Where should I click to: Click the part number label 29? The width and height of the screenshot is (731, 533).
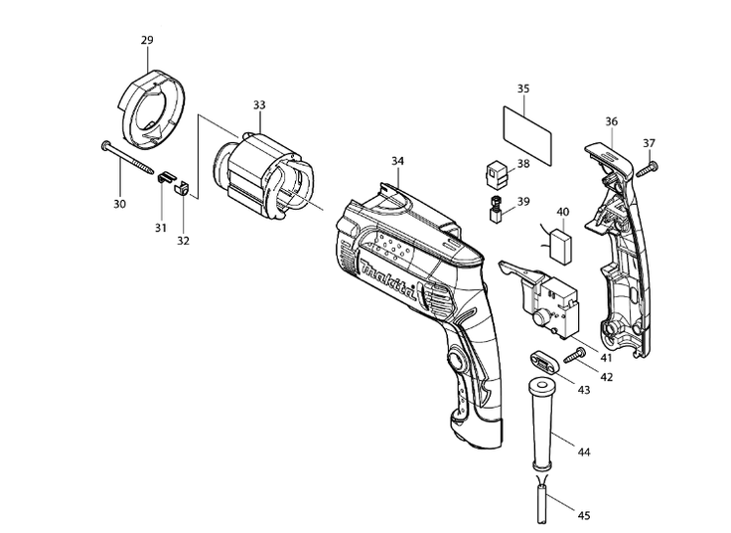(147, 40)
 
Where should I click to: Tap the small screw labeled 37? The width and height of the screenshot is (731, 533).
(648, 170)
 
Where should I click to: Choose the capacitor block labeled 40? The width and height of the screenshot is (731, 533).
(562, 245)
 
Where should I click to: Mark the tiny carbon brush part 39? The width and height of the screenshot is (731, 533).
(494, 208)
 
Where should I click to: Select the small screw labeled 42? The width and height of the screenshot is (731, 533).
(573, 354)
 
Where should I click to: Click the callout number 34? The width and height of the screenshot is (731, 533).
(397, 161)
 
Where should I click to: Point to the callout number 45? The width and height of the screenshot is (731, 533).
(584, 514)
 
